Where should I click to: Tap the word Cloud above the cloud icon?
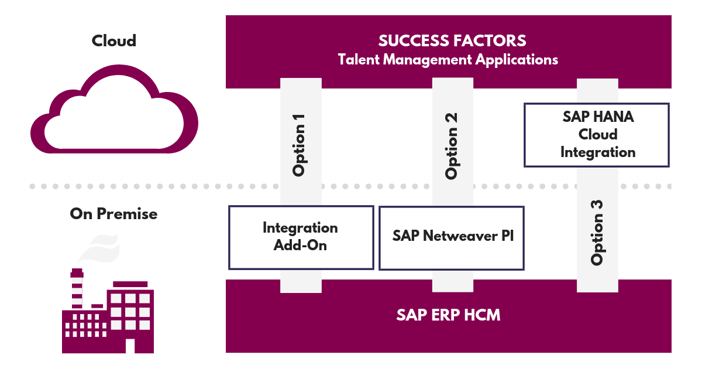click(x=113, y=41)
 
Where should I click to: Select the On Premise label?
click(x=113, y=214)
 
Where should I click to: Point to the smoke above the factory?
click(x=99, y=248)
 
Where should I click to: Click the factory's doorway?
click(x=130, y=346)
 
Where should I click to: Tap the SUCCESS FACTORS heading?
click(x=452, y=40)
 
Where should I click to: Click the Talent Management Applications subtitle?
click(x=448, y=60)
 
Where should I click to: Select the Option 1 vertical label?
click(x=299, y=145)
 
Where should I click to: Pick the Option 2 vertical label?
click(x=451, y=146)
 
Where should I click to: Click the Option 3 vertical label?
click(x=597, y=233)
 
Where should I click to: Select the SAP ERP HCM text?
click(x=448, y=315)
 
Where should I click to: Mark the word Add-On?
click(x=300, y=245)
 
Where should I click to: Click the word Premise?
click(x=127, y=214)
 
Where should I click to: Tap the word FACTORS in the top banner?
click(x=490, y=40)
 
